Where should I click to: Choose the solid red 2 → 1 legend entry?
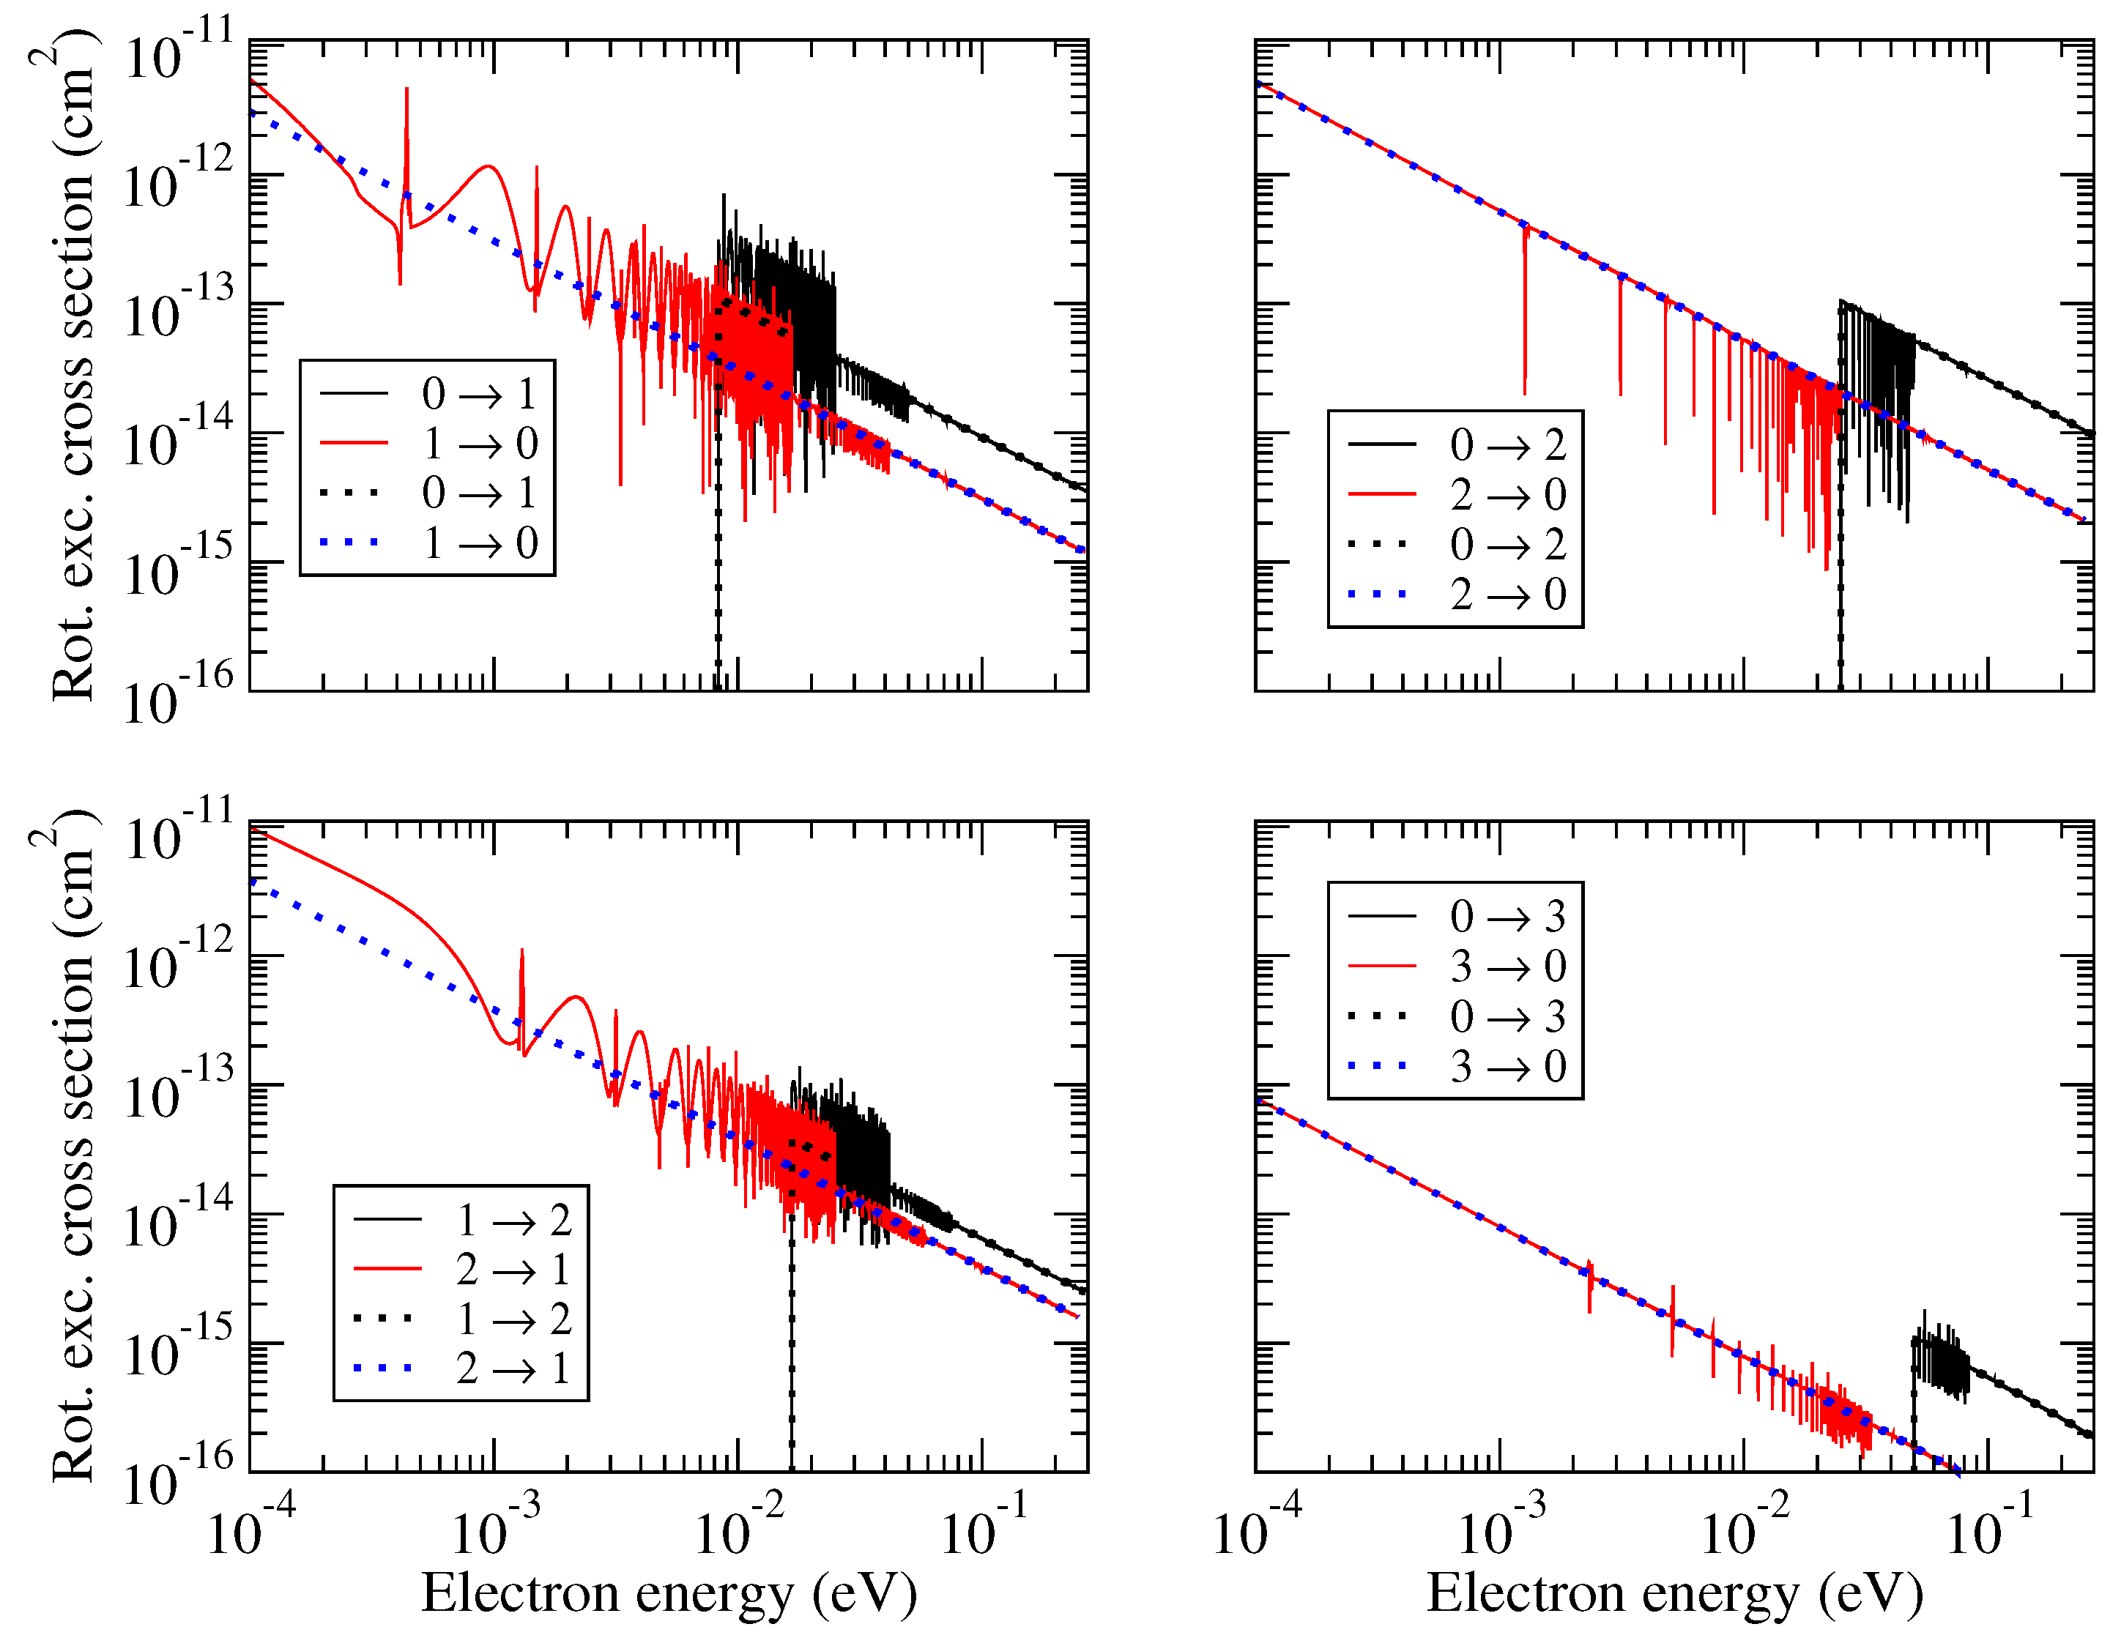(461, 1269)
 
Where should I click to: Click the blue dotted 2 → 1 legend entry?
(461, 1368)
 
